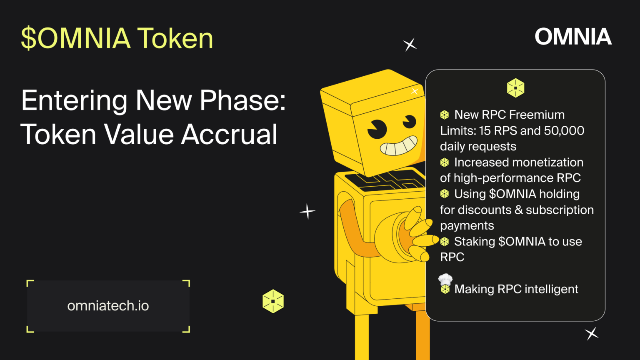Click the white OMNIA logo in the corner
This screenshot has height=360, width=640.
(573, 37)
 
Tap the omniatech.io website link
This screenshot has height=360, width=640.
(108, 306)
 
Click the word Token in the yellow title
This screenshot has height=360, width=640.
(175, 38)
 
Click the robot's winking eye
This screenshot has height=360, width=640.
(409, 122)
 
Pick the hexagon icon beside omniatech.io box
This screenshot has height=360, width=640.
(273, 301)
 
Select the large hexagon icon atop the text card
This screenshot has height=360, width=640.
(515, 88)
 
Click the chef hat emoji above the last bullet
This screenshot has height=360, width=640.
(445, 279)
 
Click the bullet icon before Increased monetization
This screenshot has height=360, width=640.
(445, 162)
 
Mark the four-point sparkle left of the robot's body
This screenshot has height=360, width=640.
(307, 211)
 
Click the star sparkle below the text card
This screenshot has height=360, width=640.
(592, 333)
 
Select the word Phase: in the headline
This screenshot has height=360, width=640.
(242, 101)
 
